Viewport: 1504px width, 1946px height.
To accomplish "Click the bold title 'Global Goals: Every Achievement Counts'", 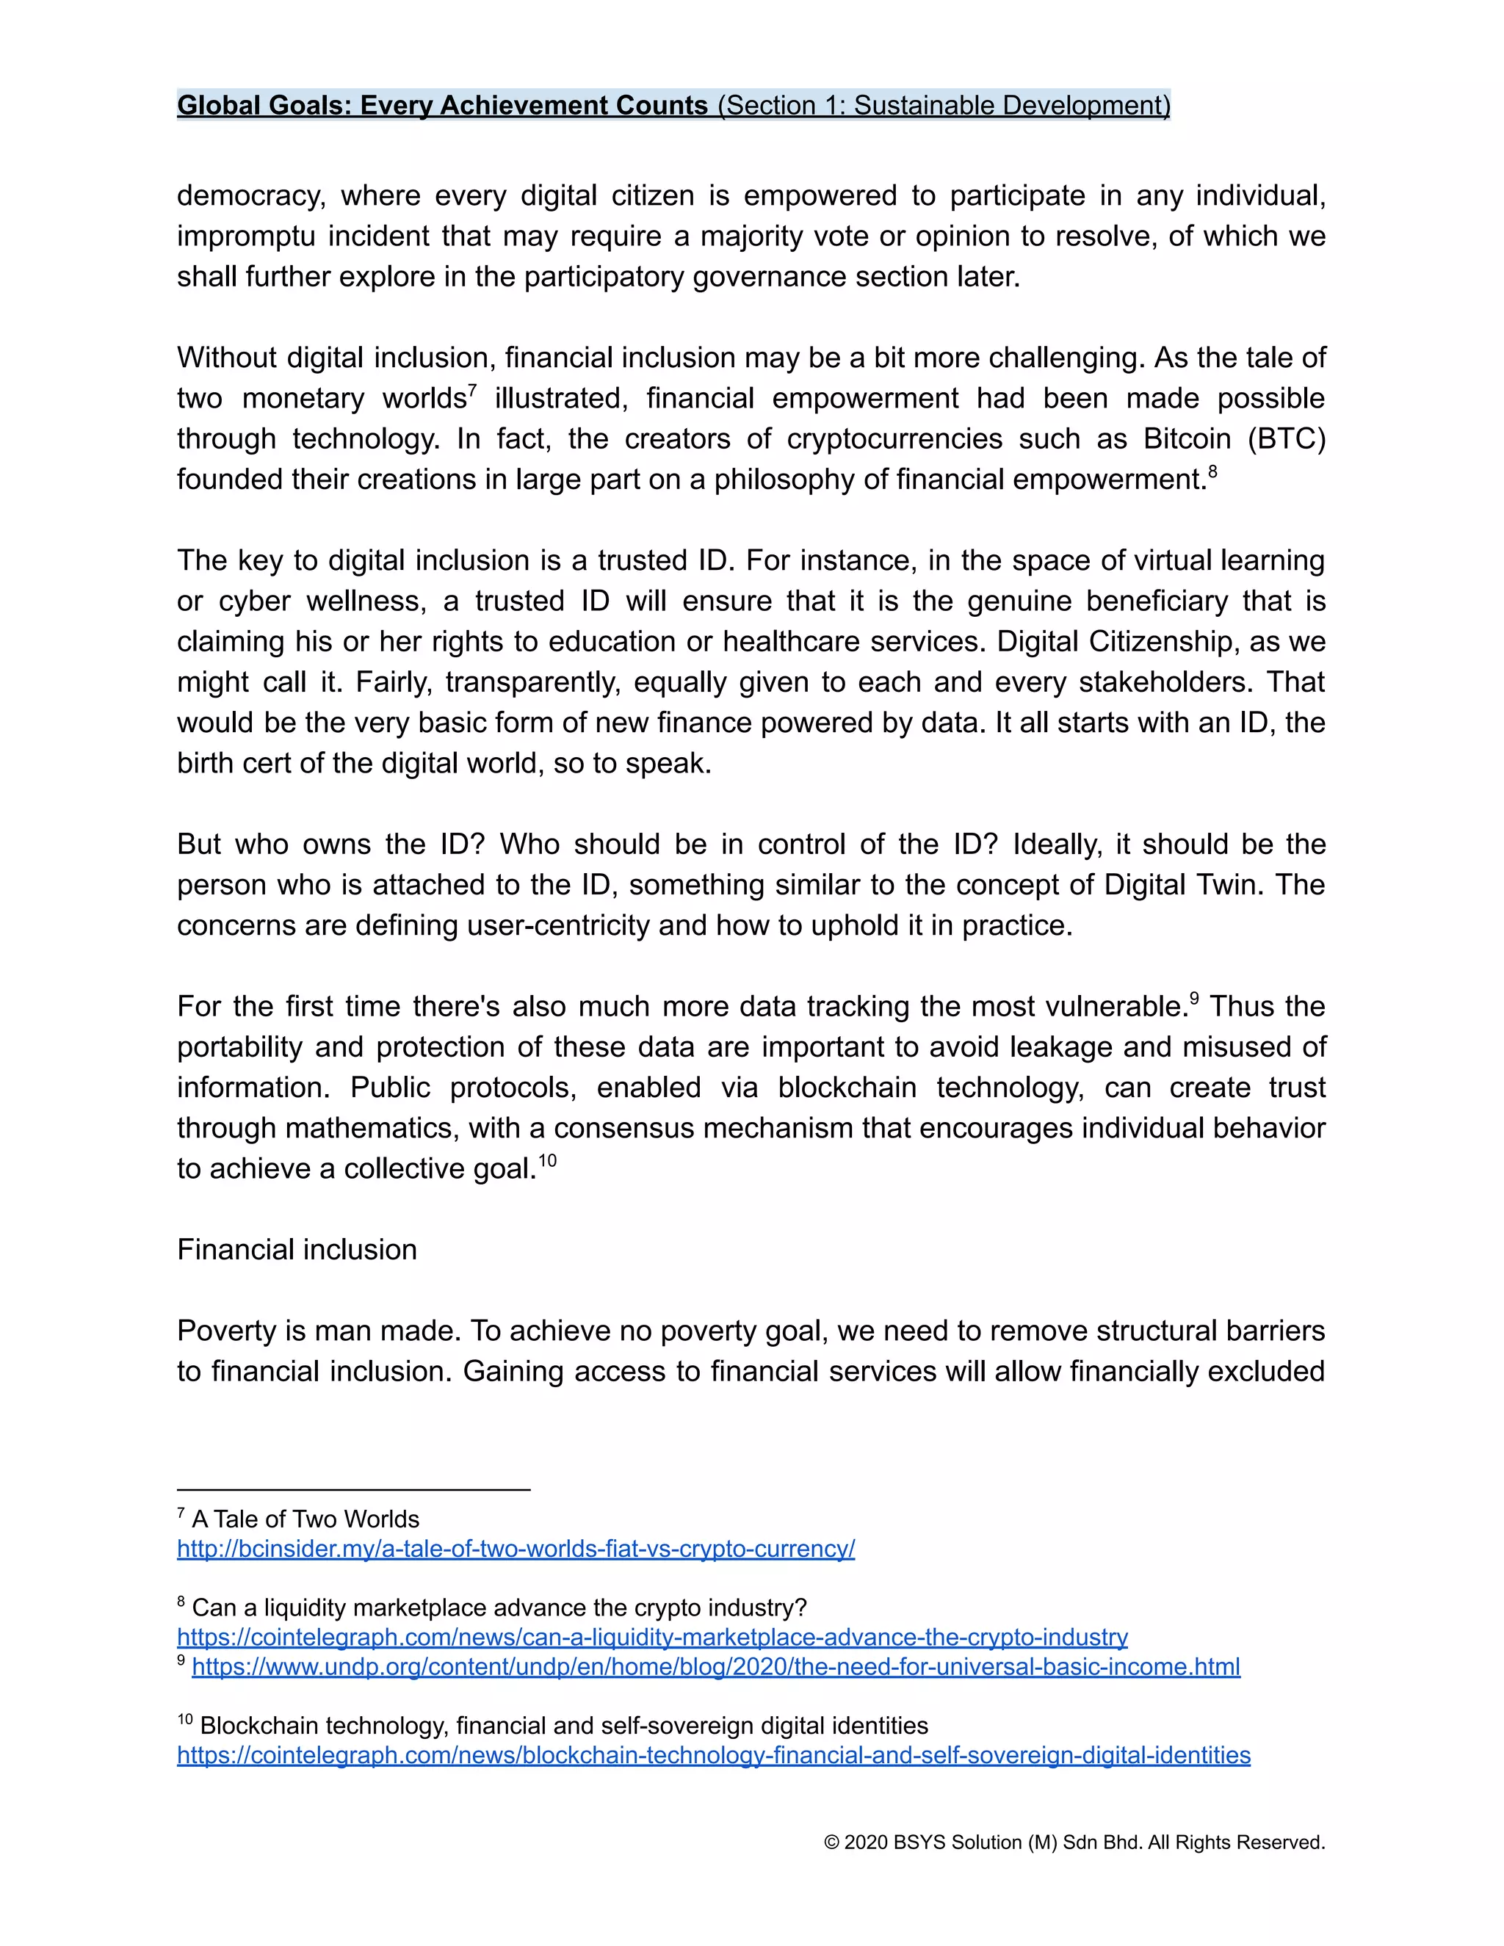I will [442, 105].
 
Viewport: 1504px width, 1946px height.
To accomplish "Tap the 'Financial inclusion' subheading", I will [297, 1249].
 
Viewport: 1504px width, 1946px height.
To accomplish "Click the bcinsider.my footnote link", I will [516, 1549].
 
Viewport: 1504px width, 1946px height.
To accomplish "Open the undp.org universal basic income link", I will [715, 1666].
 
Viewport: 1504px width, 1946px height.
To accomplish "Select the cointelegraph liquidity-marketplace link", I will [652, 1637].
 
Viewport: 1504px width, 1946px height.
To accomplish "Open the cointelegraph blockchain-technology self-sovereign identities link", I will [714, 1754].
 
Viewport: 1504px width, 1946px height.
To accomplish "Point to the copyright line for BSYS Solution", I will [1074, 1842].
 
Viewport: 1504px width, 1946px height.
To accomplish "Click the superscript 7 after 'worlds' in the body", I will [472, 390].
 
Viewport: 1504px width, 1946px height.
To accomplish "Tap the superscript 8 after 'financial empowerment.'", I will [1212, 471].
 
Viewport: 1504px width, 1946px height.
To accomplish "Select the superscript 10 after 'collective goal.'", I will [547, 1160].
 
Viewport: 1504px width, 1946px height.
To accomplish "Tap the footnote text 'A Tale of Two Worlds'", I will [305, 1519].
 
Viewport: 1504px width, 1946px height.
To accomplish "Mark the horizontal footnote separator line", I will [354, 1489].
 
